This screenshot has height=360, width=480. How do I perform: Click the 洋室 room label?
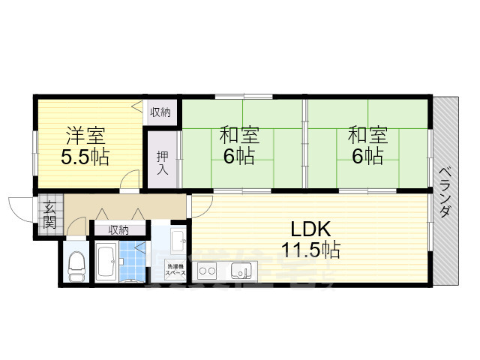click(85, 136)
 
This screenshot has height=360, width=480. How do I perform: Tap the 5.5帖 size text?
click(85, 157)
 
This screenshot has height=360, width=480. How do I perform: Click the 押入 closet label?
click(162, 163)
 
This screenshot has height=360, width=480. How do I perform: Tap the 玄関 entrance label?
click(49, 215)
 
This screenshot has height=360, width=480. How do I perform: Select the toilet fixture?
click(76, 265)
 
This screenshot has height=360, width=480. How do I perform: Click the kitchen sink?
click(241, 271)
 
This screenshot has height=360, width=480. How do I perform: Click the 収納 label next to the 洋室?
click(160, 112)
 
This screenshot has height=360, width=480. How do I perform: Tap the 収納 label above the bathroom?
click(118, 229)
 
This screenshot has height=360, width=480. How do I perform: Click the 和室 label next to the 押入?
click(240, 136)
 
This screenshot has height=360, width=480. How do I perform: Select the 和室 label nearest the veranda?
click(367, 136)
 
